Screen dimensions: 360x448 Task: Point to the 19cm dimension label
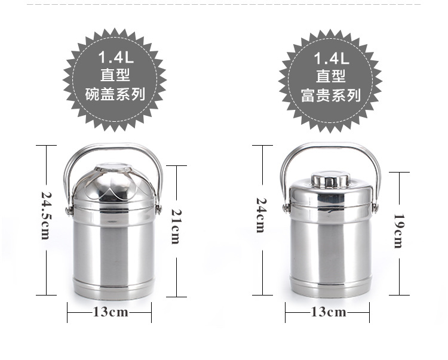tap(398, 230)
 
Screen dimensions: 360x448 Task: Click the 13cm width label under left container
tap(110, 312)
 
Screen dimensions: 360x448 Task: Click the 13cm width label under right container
tap(328, 312)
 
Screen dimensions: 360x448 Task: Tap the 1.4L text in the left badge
tap(114, 58)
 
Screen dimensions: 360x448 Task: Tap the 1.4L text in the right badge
tap(331, 58)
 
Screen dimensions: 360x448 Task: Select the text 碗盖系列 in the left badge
tap(114, 94)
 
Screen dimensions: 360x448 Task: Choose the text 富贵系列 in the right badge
tap(331, 94)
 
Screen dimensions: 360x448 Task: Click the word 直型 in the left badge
tap(114, 76)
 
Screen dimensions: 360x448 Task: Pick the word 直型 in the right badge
tap(331, 76)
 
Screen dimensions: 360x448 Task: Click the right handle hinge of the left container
tap(159, 208)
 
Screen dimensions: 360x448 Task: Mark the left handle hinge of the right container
tap(287, 207)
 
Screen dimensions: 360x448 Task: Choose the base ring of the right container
tap(330, 287)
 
